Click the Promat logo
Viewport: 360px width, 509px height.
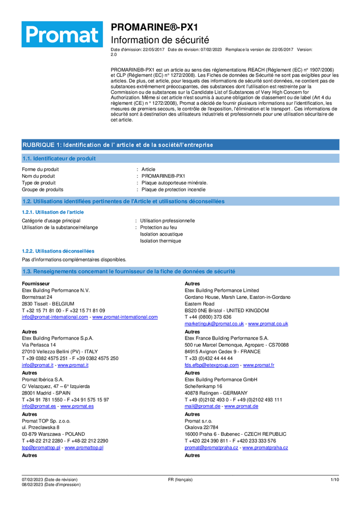(62, 34)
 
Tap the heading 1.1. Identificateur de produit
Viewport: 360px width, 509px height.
(59, 159)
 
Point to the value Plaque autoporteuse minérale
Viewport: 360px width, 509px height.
(175, 183)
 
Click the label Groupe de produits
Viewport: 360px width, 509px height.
(43, 189)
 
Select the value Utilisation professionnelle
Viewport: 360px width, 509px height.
(168, 221)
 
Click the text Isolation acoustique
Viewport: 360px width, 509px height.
(161, 234)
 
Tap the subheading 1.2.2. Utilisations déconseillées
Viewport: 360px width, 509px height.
(58, 251)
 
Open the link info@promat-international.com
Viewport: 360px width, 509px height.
(55, 317)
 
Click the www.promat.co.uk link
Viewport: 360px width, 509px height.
(268, 324)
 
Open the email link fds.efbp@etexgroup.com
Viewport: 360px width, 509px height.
(211, 365)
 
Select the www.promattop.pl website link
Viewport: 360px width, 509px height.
(84, 447)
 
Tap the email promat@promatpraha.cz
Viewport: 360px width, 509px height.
(211, 447)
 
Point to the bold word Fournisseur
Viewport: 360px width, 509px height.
(36, 284)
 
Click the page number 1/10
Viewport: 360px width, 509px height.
(335, 479)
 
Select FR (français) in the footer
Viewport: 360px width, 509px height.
(180, 479)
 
